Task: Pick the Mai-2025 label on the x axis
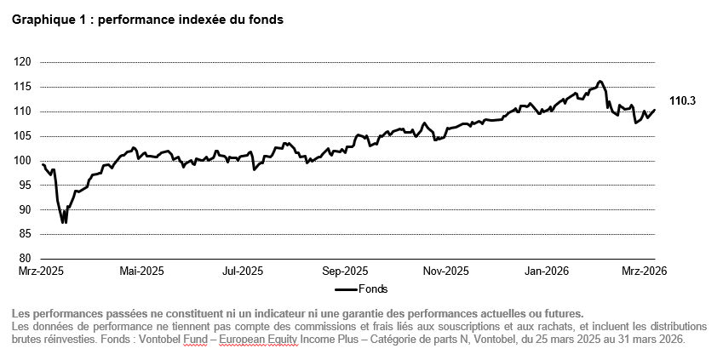tap(141, 272)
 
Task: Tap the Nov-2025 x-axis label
tap(445, 272)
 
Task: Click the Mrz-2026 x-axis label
tap(643, 272)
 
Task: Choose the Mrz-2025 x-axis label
tap(40, 272)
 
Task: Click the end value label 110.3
tap(682, 101)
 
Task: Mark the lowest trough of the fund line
tap(63, 222)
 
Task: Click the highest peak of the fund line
tap(600, 82)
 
